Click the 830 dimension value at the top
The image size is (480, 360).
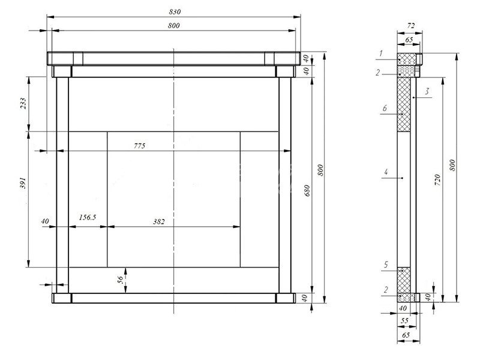[175, 11]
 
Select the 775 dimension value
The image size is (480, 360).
[139, 146]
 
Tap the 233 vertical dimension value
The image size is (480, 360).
[23, 103]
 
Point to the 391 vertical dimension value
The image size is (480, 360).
[23, 183]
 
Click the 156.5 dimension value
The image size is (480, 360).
[88, 217]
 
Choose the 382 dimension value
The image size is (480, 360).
[159, 221]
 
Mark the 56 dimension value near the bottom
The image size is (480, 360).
[121, 280]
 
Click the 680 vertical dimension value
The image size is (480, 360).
[307, 190]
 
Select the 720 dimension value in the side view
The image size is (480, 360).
[437, 180]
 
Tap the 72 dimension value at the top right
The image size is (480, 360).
[411, 26]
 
